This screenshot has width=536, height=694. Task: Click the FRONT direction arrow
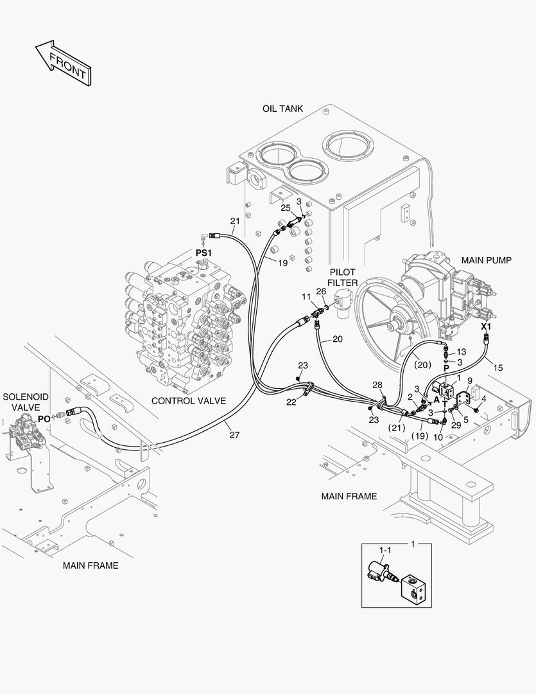pyautogui.click(x=62, y=63)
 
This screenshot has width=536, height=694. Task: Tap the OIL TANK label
pyautogui.click(x=282, y=109)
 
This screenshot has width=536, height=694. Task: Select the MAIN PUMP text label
pyautogui.click(x=487, y=260)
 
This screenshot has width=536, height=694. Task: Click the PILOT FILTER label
pyautogui.click(x=342, y=277)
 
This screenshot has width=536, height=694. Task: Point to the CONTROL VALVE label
pyautogui.click(x=189, y=400)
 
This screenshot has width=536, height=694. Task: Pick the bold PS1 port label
pyautogui.click(x=203, y=254)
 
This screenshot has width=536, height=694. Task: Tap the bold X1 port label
pyautogui.click(x=486, y=326)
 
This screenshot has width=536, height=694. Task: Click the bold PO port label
pyautogui.click(x=44, y=418)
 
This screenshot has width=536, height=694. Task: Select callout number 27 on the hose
pyautogui.click(x=235, y=435)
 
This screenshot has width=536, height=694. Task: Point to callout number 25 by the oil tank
pyautogui.click(x=285, y=208)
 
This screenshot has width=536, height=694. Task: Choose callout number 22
pyautogui.click(x=291, y=402)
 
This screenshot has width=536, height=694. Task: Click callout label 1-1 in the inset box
pyautogui.click(x=385, y=550)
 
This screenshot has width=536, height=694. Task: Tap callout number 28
pyautogui.click(x=377, y=385)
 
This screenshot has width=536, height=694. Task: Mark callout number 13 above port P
pyautogui.click(x=462, y=351)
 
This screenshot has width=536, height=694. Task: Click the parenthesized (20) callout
pyautogui.click(x=422, y=364)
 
